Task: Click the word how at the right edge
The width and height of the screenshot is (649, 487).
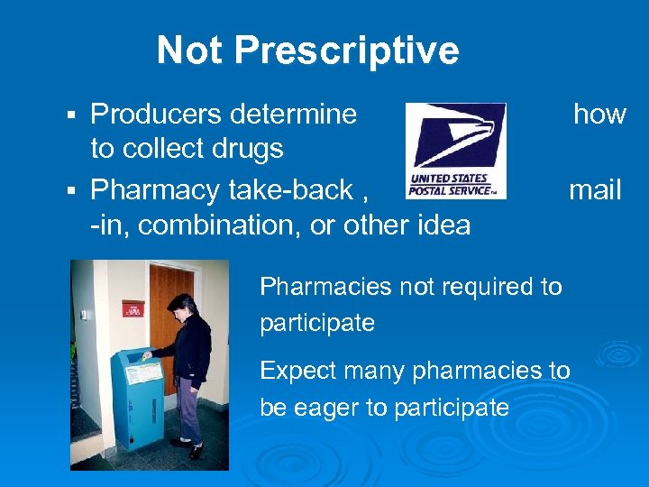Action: [x=599, y=114]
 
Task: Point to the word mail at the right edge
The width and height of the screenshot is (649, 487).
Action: [x=595, y=190]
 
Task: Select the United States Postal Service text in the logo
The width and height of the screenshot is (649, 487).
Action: [x=451, y=186]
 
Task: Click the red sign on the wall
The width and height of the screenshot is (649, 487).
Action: [x=133, y=308]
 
